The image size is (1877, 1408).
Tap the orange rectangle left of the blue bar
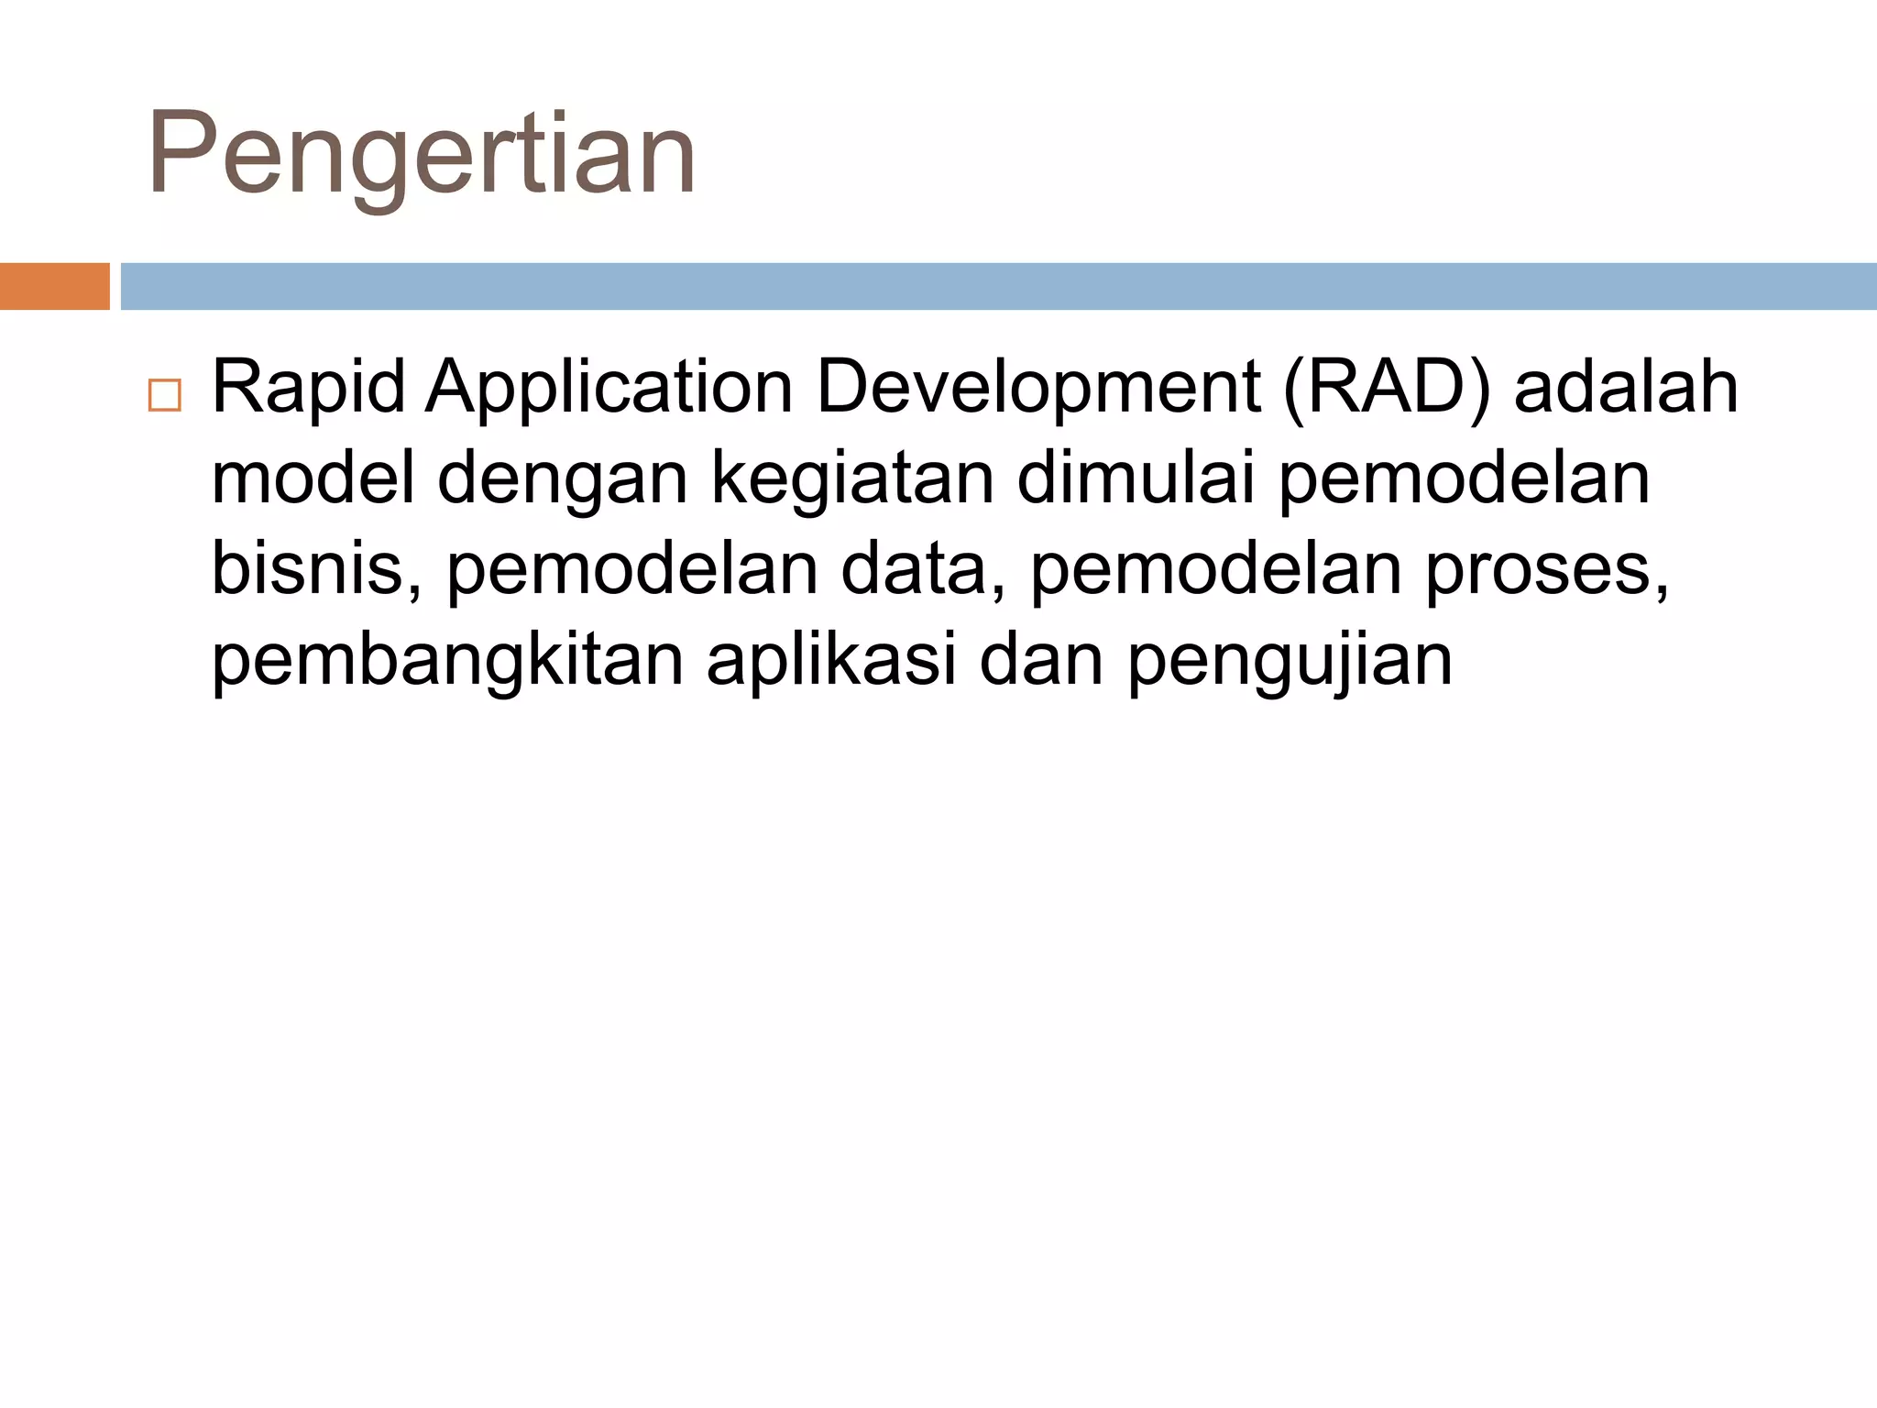point(54,286)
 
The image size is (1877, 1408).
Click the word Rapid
point(309,389)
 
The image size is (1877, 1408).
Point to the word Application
point(609,389)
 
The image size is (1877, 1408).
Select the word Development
point(1038,389)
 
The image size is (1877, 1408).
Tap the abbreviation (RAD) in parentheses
point(1388,389)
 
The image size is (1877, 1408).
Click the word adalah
point(1626,389)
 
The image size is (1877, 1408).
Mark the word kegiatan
point(852,480)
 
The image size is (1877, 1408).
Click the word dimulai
point(1136,478)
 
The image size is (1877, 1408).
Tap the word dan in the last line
point(1041,660)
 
